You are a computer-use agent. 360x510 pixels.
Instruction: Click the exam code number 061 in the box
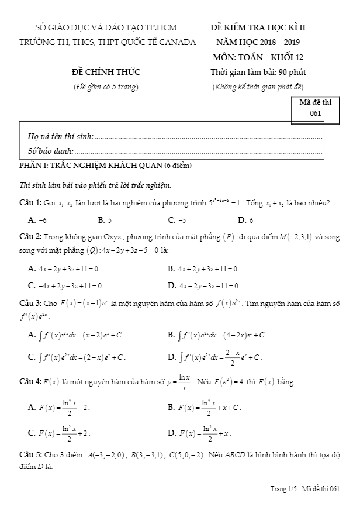(x=316, y=114)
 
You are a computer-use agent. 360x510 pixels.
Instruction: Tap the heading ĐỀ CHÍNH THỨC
(x=105, y=73)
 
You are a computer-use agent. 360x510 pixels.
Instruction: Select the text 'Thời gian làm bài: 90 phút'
(x=258, y=73)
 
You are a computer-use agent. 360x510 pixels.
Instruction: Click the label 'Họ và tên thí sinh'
(x=61, y=136)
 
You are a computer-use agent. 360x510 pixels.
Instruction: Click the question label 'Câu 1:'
(x=30, y=203)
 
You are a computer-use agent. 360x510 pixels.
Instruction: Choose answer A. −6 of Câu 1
(x=37, y=220)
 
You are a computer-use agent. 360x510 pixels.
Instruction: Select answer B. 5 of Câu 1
(x=105, y=220)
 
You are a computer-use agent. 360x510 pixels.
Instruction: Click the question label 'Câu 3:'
(x=30, y=304)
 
